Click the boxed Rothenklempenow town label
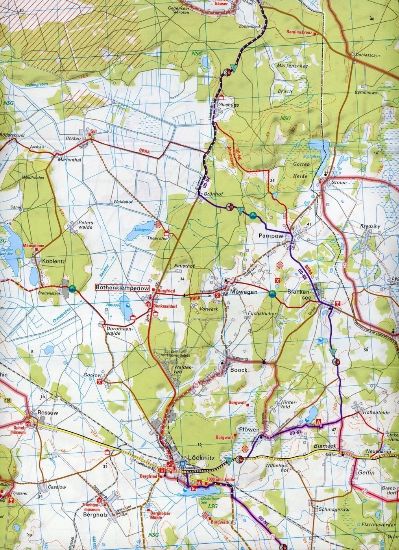[x=122, y=288]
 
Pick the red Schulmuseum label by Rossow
[x=19, y=430]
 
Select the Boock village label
[x=238, y=370]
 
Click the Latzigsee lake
[x=134, y=235]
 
